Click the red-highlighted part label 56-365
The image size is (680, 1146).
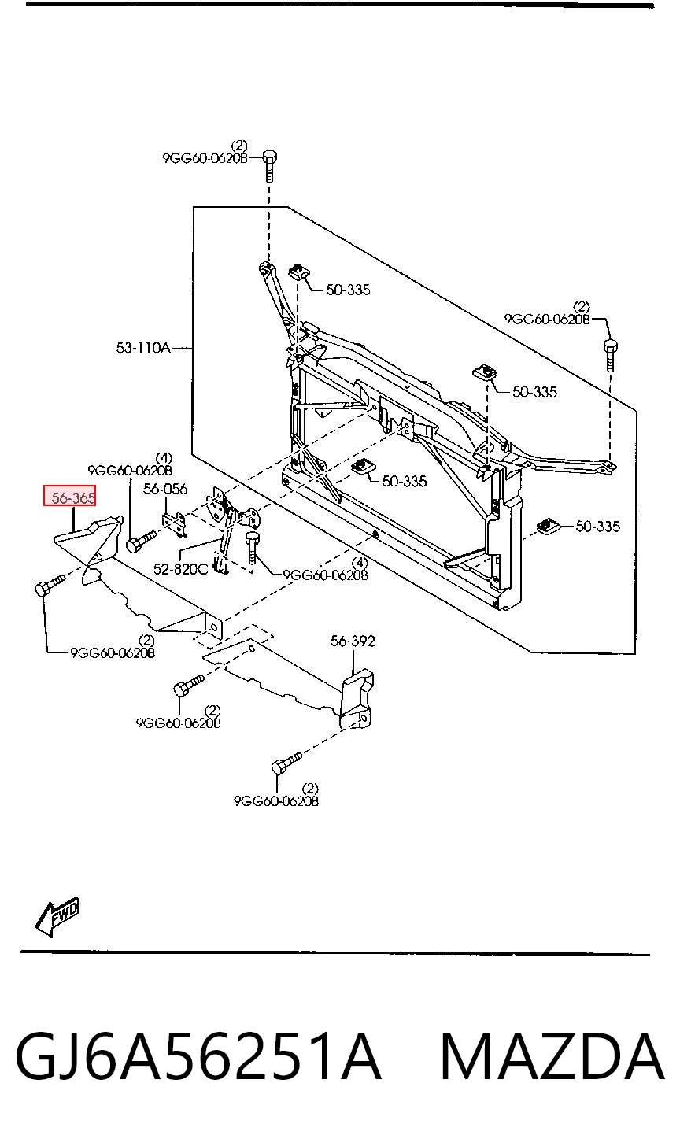tap(69, 495)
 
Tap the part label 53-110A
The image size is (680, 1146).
tap(143, 348)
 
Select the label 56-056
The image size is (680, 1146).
tap(165, 489)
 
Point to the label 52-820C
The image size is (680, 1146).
tap(180, 569)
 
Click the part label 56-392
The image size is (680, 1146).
tap(353, 641)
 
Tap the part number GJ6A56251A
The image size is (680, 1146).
tap(198, 1056)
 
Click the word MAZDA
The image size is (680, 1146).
tap(552, 1056)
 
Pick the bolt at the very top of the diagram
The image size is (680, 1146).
tap(270, 165)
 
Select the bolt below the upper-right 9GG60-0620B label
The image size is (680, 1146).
tap(611, 354)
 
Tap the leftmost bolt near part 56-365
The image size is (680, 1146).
tap(50, 586)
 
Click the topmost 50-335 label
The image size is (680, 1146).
tap(348, 290)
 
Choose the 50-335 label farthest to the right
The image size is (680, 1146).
tap(597, 526)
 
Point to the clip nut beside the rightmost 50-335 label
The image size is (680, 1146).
tap(546, 526)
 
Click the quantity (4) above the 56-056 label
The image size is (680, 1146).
tap(164, 457)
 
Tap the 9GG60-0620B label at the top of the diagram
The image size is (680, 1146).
tap(205, 157)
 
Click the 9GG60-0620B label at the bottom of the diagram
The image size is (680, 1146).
tap(276, 800)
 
